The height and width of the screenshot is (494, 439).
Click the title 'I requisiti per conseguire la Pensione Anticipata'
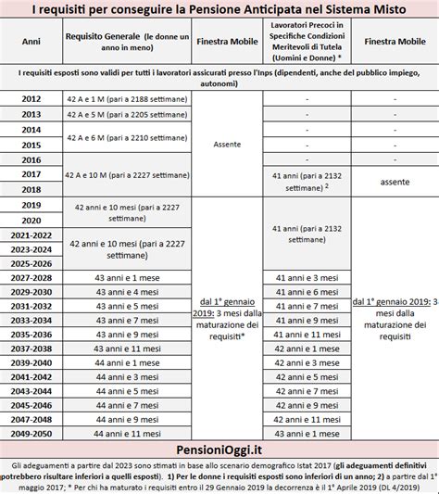(219, 10)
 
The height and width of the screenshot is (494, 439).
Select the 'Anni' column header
(31, 41)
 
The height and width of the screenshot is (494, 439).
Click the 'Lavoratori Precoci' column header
(306, 42)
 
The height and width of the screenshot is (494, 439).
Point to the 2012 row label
(31, 97)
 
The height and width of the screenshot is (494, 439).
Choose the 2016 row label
(31, 159)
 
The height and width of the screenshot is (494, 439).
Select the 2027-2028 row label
(31, 276)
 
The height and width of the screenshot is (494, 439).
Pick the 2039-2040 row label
(31, 361)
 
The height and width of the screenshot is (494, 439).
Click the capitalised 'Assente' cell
(220, 145)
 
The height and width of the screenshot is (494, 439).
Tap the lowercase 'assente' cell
(395, 182)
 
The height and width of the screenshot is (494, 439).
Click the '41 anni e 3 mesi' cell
(306, 276)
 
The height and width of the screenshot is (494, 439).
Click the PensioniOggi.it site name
(219, 448)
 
